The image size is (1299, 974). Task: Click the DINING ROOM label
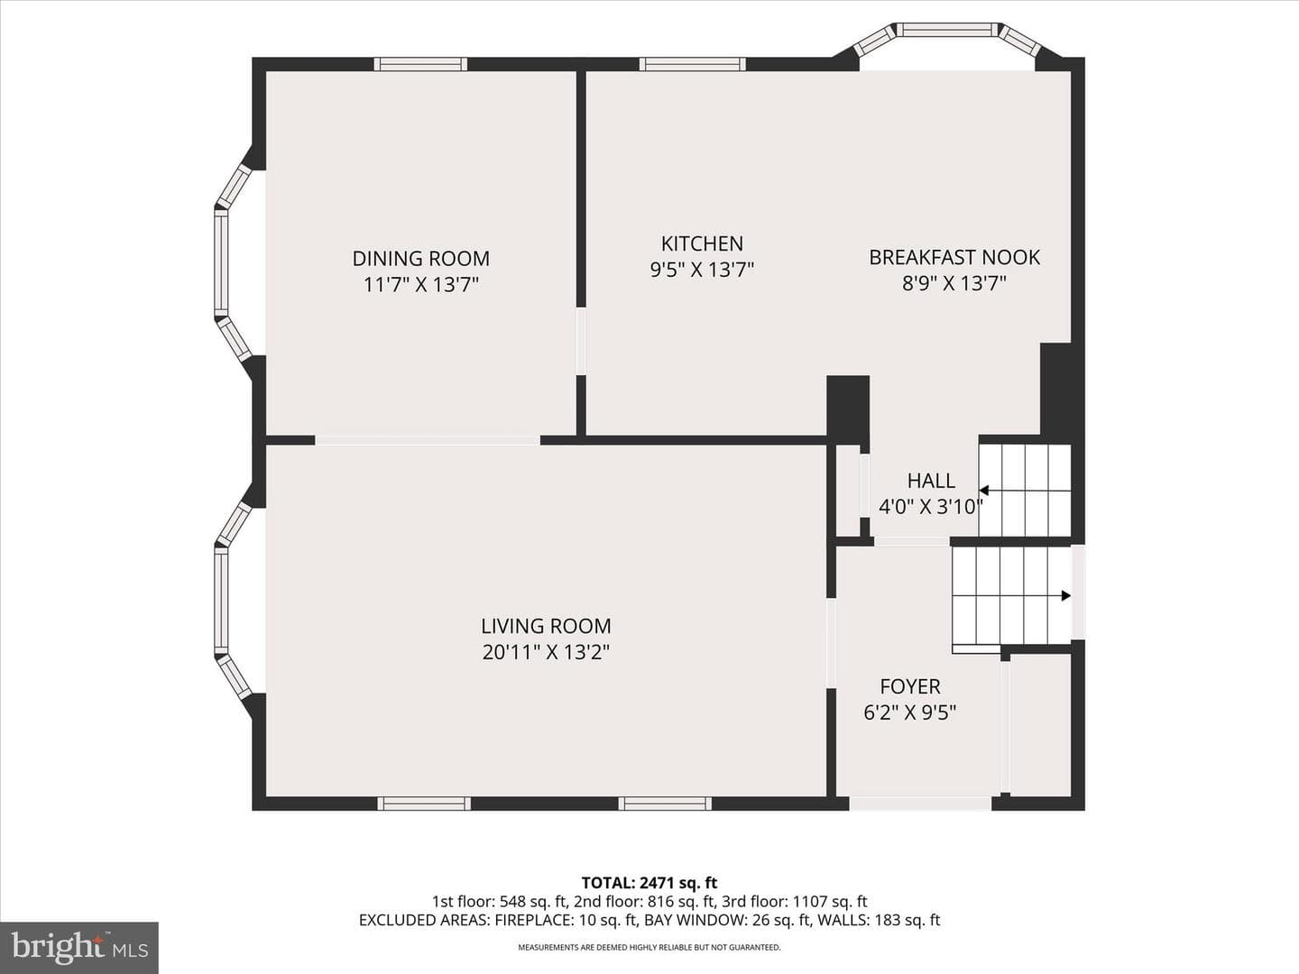coord(420,259)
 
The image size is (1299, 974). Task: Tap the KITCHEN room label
coord(702,243)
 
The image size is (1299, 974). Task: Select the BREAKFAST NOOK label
coord(954,257)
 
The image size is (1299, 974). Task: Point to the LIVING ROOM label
coord(546,626)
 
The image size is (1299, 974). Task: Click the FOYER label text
coord(910,686)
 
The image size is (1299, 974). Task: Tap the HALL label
coord(931,481)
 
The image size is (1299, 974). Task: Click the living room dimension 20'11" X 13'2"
coord(546,652)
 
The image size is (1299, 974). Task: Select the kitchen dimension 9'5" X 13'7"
coord(702,271)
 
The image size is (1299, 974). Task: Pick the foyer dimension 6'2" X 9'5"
coord(910,712)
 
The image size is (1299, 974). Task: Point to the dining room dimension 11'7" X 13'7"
coord(420,285)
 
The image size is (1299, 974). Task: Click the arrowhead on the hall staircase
coord(984,491)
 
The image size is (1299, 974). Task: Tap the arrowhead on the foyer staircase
coord(1066,595)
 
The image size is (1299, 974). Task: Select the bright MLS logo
coord(79,948)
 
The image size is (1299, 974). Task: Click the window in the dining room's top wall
coord(420,64)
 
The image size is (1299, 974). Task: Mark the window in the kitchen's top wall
coord(693,64)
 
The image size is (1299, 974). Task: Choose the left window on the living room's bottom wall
coord(424,803)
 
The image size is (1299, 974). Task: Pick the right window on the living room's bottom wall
coord(665,803)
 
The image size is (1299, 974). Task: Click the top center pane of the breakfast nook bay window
coord(947,30)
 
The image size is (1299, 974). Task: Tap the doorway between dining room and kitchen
coord(581,341)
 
